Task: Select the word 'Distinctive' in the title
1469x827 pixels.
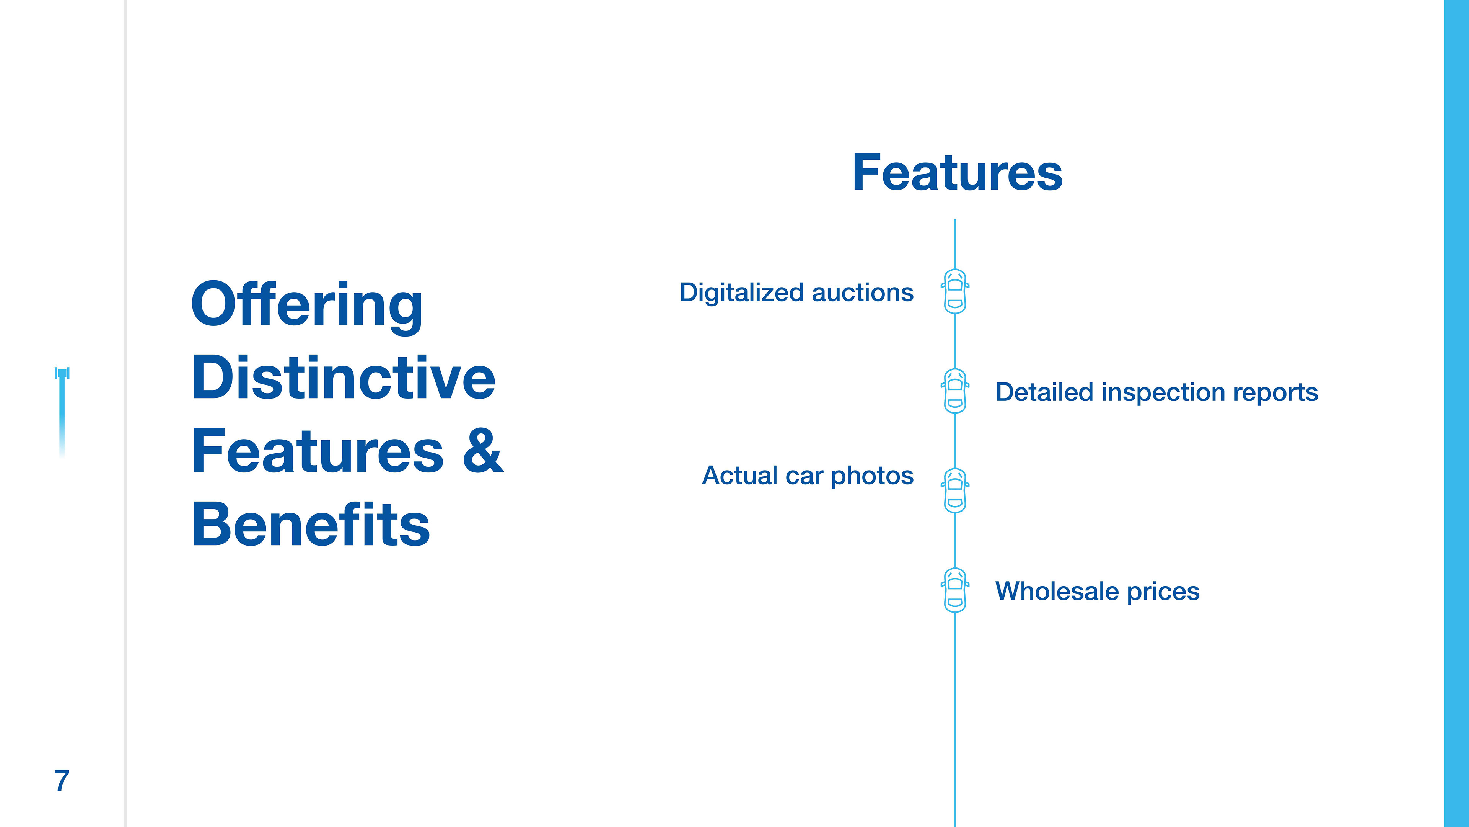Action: pyautogui.click(x=343, y=378)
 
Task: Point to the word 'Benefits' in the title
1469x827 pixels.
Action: pyautogui.click(x=311, y=525)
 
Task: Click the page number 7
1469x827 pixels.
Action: pyautogui.click(x=62, y=780)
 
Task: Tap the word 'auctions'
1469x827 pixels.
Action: pyautogui.click(x=862, y=293)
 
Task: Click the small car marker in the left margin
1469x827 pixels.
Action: pyautogui.click(x=62, y=374)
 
